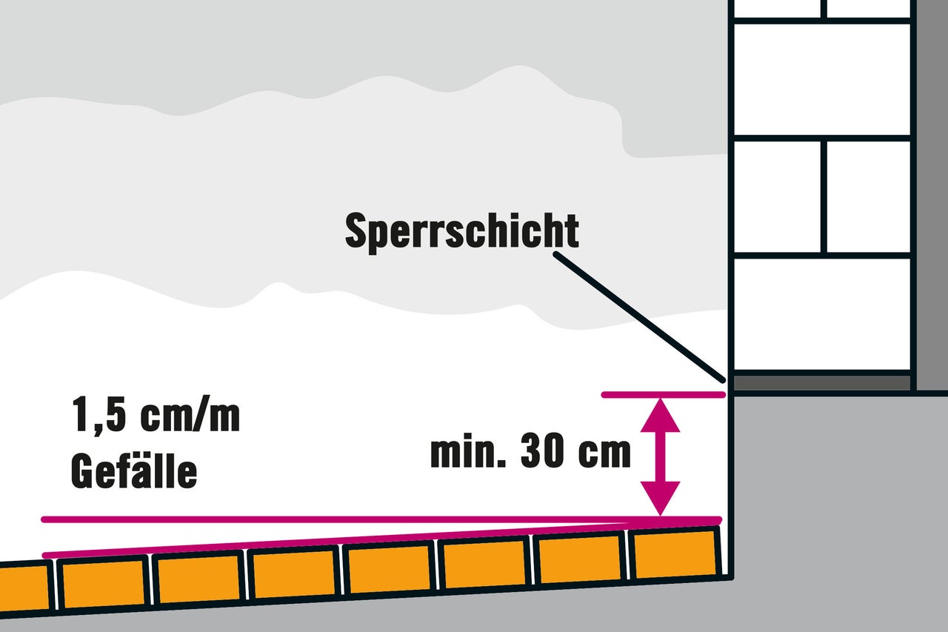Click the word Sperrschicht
point(461,232)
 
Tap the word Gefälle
point(134,471)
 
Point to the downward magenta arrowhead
point(660,498)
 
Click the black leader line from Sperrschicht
point(639,317)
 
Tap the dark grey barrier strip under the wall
point(821,383)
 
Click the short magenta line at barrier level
point(663,394)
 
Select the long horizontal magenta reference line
point(381,519)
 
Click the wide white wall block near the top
point(821,79)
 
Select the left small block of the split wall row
point(777,197)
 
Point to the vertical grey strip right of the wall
point(932,195)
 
